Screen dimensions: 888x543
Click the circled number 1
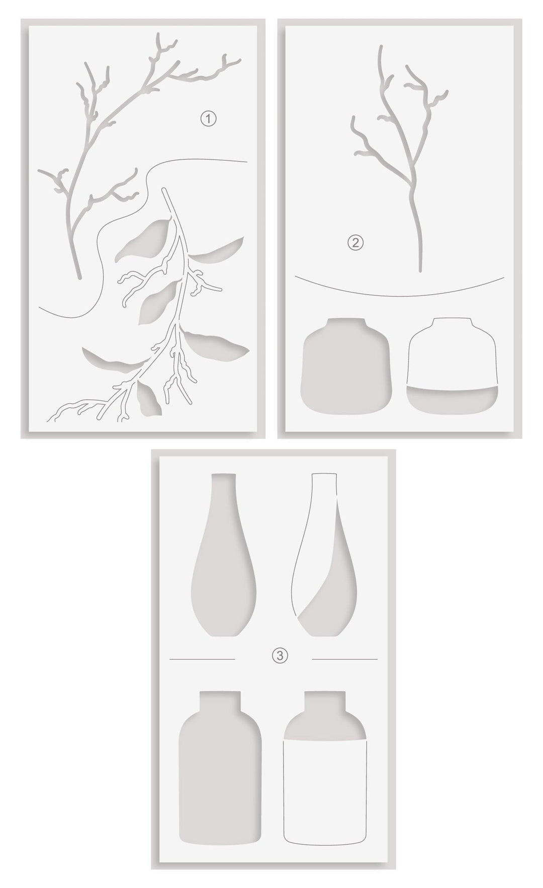click(208, 119)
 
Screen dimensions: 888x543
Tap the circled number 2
click(355, 243)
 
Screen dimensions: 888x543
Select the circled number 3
click(280, 655)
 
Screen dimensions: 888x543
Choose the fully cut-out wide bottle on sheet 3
click(220, 785)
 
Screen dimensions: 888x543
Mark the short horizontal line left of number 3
click(202, 658)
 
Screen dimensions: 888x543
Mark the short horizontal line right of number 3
click(344, 658)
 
